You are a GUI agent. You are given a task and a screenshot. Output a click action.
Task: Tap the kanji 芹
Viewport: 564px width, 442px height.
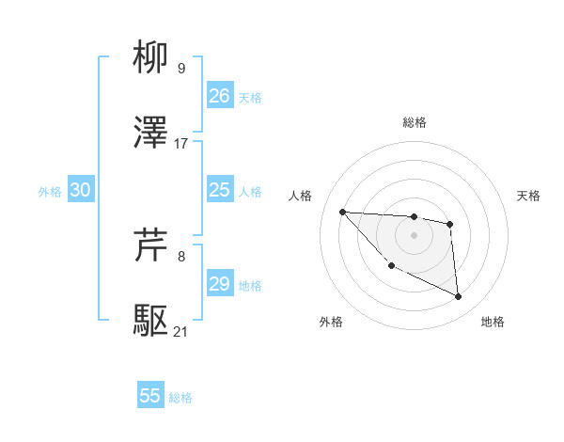pyautogui.click(x=151, y=245)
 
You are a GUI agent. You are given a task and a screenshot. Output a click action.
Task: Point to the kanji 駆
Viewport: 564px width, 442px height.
pyautogui.click(x=151, y=321)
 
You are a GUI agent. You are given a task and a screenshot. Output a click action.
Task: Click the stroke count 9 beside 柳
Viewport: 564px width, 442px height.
pyautogui.click(x=180, y=68)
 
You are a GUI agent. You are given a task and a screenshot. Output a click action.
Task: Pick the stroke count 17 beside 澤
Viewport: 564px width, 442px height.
pyautogui.click(x=181, y=143)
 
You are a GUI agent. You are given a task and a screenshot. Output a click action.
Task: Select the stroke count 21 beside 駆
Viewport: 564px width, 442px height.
pyautogui.click(x=181, y=331)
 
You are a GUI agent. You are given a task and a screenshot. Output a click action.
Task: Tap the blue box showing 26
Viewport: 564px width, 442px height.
pyautogui.click(x=220, y=96)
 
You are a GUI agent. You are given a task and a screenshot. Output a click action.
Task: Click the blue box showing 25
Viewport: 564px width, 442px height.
pyautogui.click(x=220, y=190)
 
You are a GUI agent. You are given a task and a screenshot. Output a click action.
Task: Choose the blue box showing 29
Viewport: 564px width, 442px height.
pyautogui.click(x=220, y=284)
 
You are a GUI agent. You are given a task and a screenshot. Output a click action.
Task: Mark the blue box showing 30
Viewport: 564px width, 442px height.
pyautogui.click(x=81, y=190)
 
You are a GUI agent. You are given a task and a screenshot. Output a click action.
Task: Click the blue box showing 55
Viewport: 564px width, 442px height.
pyautogui.click(x=150, y=396)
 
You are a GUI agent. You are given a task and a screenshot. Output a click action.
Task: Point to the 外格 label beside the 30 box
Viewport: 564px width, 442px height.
pyautogui.click(x=50, y=192)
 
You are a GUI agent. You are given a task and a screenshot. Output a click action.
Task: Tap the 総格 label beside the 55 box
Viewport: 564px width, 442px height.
pyautogui.click(x=180, y=398)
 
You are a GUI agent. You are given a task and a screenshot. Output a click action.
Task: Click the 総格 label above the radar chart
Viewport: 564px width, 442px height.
pyautogui.click(x=415, y=122)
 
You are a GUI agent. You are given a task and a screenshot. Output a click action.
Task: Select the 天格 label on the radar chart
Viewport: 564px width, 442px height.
pyautogui.click(x=529, y=196)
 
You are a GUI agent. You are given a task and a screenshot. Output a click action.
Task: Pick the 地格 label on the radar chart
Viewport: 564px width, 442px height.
pyautogui.click(x=493, y=322)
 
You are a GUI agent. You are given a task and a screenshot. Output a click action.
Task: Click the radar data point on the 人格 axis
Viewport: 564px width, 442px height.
pyautogui.click(x=343, y=212)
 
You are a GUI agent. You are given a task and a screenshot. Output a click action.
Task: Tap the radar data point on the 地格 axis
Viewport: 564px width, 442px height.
pyautogui.click(x=458, y=297)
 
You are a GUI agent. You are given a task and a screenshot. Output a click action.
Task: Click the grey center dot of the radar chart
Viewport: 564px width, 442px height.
pyautogui.click(x=414, y=235)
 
